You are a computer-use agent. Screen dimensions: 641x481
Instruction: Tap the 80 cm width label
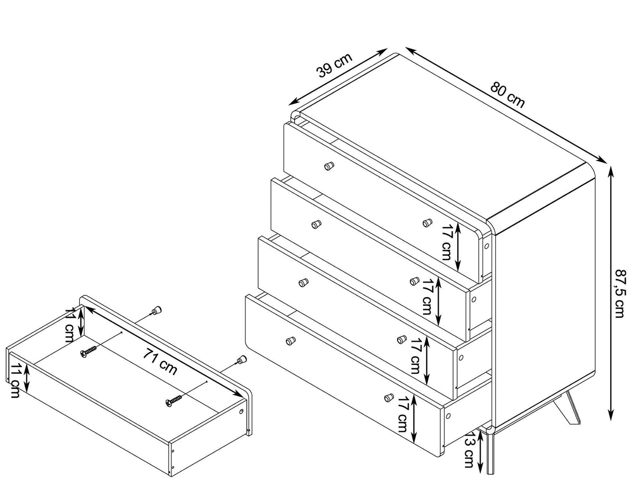tap(507, 95)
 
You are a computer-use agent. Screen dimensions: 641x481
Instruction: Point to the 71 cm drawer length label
tap(160, 362)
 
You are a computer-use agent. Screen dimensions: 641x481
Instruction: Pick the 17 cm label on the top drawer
tap(447, 242)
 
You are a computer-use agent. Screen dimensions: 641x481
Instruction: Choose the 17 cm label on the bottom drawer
tap(402, 414)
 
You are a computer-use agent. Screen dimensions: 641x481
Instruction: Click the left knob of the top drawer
tap(329, 166)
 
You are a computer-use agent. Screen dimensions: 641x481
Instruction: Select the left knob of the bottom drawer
tap(290, 341)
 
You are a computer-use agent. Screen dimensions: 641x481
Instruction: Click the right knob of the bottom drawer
tap(389, 398)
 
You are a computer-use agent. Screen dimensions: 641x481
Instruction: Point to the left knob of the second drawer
tap(316, 224)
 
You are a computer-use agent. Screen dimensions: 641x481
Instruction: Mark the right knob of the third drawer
tap(402, 339)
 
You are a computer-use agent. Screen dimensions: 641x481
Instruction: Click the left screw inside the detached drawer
tap(88, 352)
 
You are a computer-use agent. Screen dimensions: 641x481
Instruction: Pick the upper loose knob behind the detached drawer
tap(156, 310)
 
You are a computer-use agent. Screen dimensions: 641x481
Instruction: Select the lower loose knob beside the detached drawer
tap(241, 360)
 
